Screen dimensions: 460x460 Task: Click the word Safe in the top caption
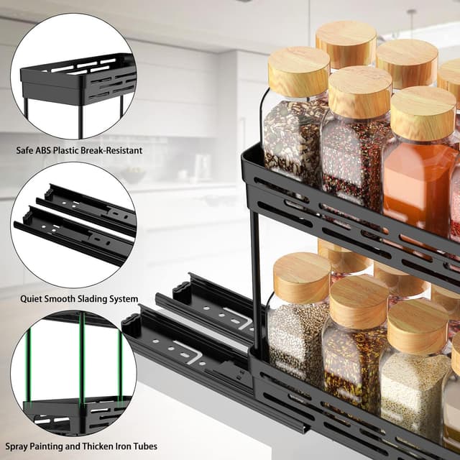coord(27,151)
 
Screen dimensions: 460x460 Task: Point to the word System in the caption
coord(124,299)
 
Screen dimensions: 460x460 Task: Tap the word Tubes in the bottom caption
coord(146,447)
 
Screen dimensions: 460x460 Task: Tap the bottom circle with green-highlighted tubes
coord(73,374)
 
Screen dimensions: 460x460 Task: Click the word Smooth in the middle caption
coord(64,299)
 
